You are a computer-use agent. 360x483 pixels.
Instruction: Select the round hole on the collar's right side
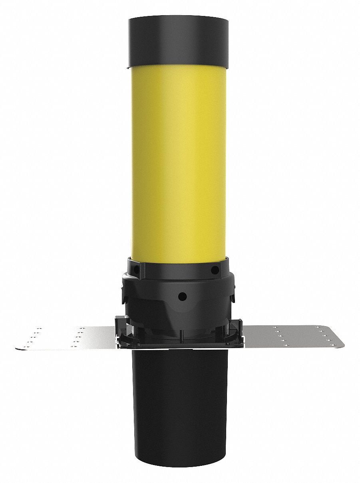(x=215, y=270)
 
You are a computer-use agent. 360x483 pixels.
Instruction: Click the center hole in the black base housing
(x=182, y=296)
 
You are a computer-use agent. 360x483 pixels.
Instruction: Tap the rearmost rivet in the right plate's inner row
(x=274, y=328)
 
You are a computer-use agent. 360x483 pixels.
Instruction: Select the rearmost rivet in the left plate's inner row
(x=82, y=329)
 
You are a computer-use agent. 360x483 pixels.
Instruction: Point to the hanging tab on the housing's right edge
(x=232, y=297)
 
